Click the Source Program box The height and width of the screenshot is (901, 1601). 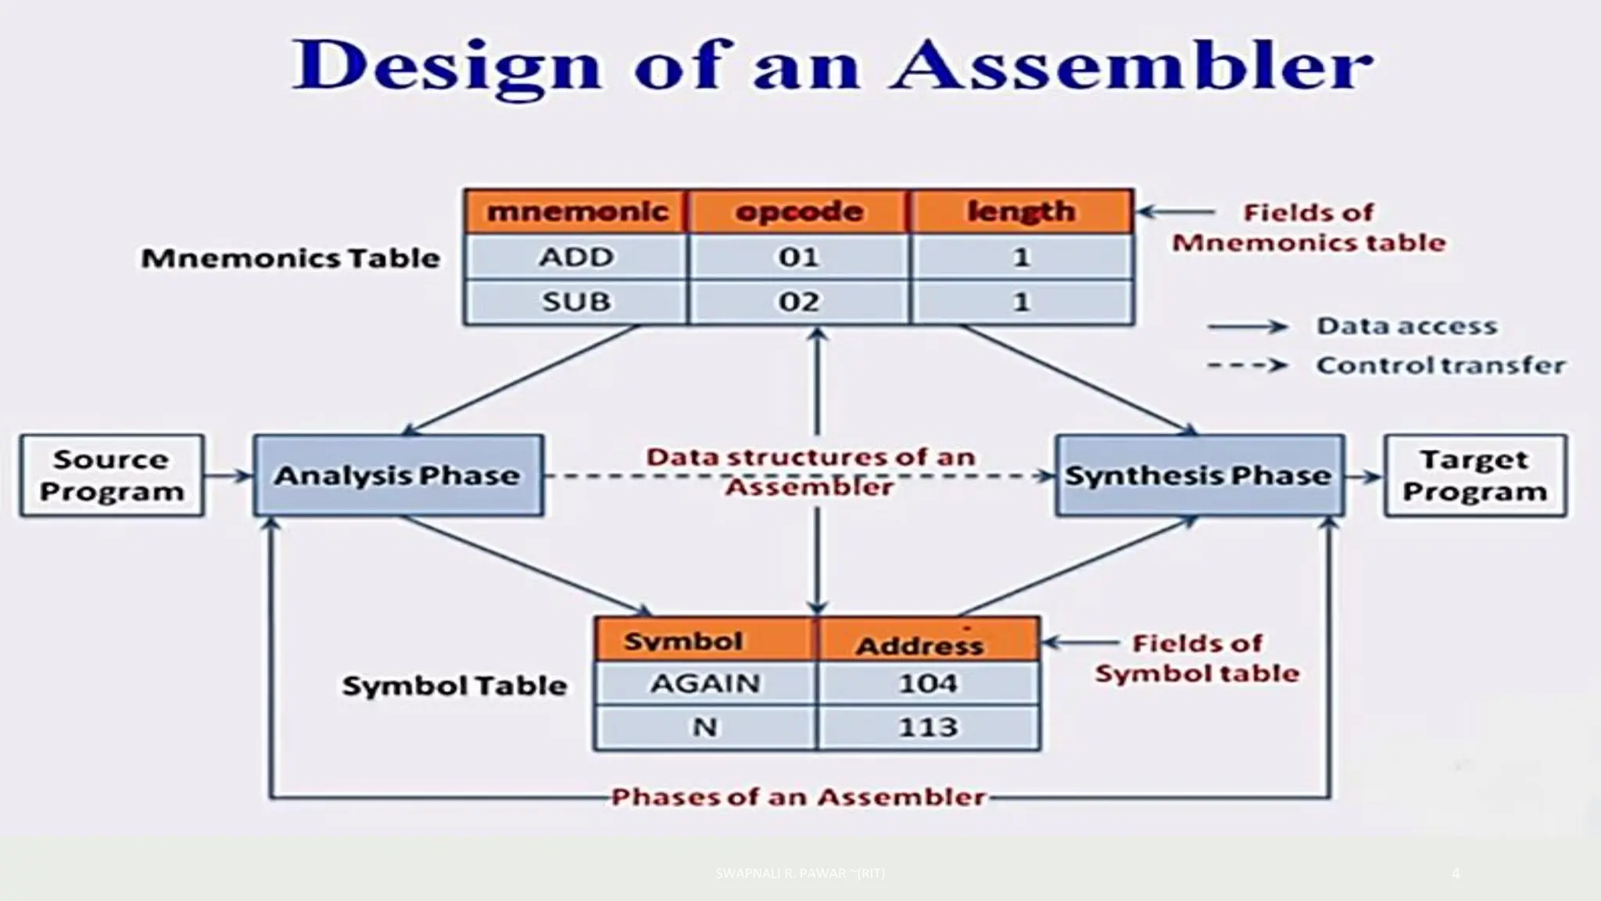click(112, 476)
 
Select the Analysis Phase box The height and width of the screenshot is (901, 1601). click(398, 476)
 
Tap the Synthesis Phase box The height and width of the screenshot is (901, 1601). click(1199, 476)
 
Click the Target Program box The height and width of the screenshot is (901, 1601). click(1475, 476)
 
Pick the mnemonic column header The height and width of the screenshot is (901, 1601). click(576, 212)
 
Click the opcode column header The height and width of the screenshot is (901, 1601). click(799, 212)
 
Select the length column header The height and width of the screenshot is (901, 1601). click(1021, 212)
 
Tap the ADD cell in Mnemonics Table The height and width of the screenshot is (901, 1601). click(576, 257)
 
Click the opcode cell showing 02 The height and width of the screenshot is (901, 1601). click(799, 302)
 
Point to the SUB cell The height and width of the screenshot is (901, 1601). click(576, 302)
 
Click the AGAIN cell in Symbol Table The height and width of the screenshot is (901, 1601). click(705, 684)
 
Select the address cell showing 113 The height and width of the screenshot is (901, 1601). click(928, 727)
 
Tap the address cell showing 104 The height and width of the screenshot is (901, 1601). click(928, 684)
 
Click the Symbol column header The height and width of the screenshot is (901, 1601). click(684, 641)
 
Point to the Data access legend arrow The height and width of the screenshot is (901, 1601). click(1247, 326)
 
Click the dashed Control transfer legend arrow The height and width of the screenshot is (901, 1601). click(1247, 365)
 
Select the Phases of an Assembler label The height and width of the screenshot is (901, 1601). click(798, 797)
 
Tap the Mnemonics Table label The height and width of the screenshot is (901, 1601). click(291, 258)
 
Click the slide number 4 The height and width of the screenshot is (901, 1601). click(1455, 873)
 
